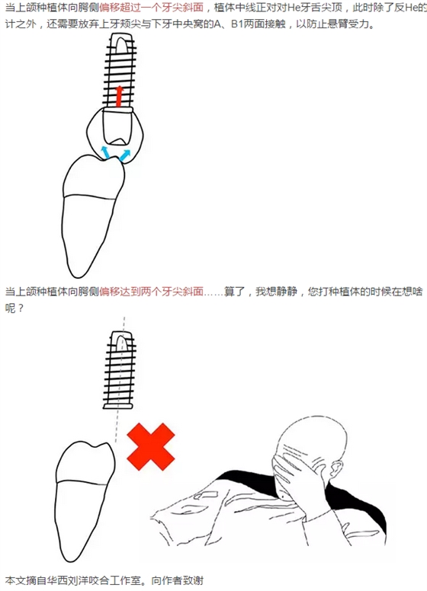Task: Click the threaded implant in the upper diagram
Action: tap(119, 72)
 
